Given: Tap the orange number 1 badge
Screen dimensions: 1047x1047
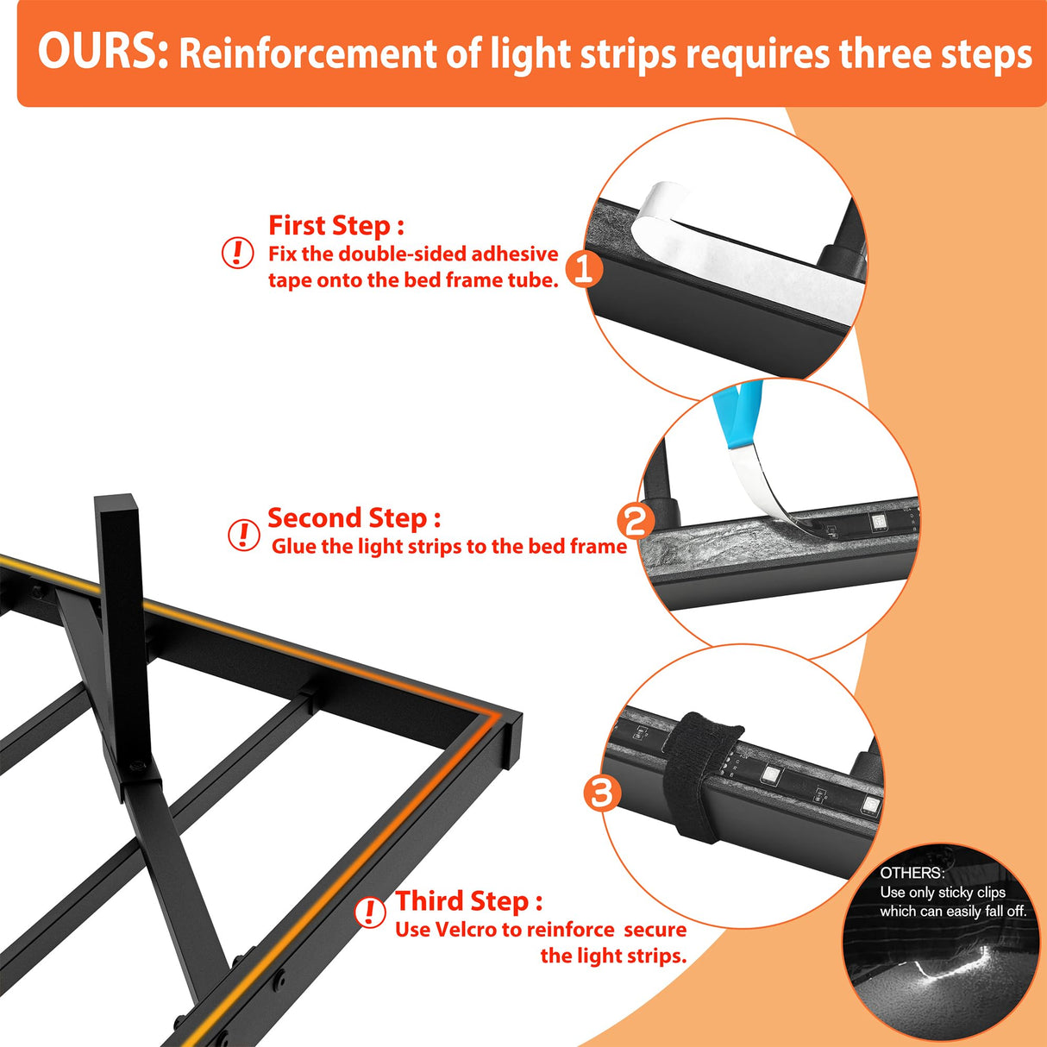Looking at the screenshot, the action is pyautogui.click(x=585, y=269).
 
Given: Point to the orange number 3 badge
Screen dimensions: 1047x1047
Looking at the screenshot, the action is pyautogui.click(x=603, y=793).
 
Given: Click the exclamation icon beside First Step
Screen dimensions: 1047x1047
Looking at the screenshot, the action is pyautogui.click(x=237, y=253).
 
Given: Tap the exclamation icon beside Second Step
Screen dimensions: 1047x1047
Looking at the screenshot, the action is pyautogui.click(x=243, y=536).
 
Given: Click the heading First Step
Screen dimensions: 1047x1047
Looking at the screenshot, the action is pyautogui.click(x=336, y=225).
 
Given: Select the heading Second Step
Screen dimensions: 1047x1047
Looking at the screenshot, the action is pyautogui.click(x=354, y=518).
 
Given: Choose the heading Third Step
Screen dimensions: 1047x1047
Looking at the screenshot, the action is pyautogui.click(x=468, y=901).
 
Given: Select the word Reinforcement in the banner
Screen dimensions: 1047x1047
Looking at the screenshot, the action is pyautogui.click(x=308, y=54).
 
